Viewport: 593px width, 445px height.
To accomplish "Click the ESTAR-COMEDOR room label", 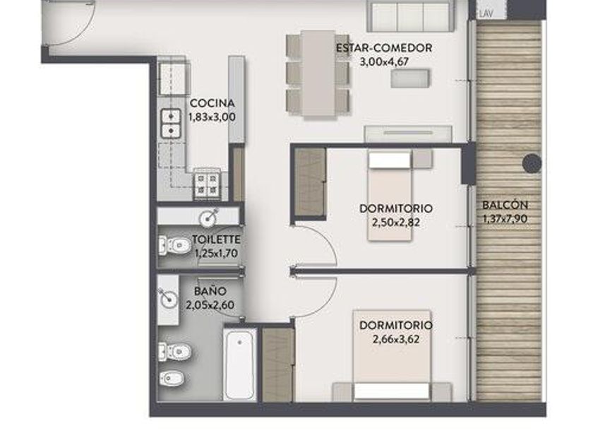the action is [384, 48].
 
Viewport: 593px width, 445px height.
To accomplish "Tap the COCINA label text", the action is [212, 103].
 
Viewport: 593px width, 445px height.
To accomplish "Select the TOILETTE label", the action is [216, 239].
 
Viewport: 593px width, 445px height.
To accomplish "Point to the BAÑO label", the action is [210, 291].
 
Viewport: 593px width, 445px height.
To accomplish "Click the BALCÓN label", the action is [505, 205].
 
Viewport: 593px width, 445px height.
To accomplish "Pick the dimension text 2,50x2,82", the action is [395, 222].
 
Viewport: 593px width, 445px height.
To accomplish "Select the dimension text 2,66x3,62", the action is [395, 339].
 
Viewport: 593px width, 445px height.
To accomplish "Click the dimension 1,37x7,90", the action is [505, 219].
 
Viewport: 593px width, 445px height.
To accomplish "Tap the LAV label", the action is [486, 14].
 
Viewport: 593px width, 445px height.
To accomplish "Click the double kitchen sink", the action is [171, 124].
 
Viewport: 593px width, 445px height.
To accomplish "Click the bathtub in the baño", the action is [239, 362].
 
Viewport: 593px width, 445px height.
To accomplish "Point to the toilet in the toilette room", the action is [174, 246].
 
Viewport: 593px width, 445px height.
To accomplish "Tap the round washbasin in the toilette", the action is [208, 218].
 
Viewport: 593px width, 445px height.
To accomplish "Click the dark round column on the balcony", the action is [532, 163].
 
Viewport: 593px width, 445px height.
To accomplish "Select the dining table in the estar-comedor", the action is [318, 73].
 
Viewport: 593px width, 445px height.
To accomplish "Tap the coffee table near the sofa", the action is [410, 78].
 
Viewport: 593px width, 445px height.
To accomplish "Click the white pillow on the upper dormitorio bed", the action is [390, 160].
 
